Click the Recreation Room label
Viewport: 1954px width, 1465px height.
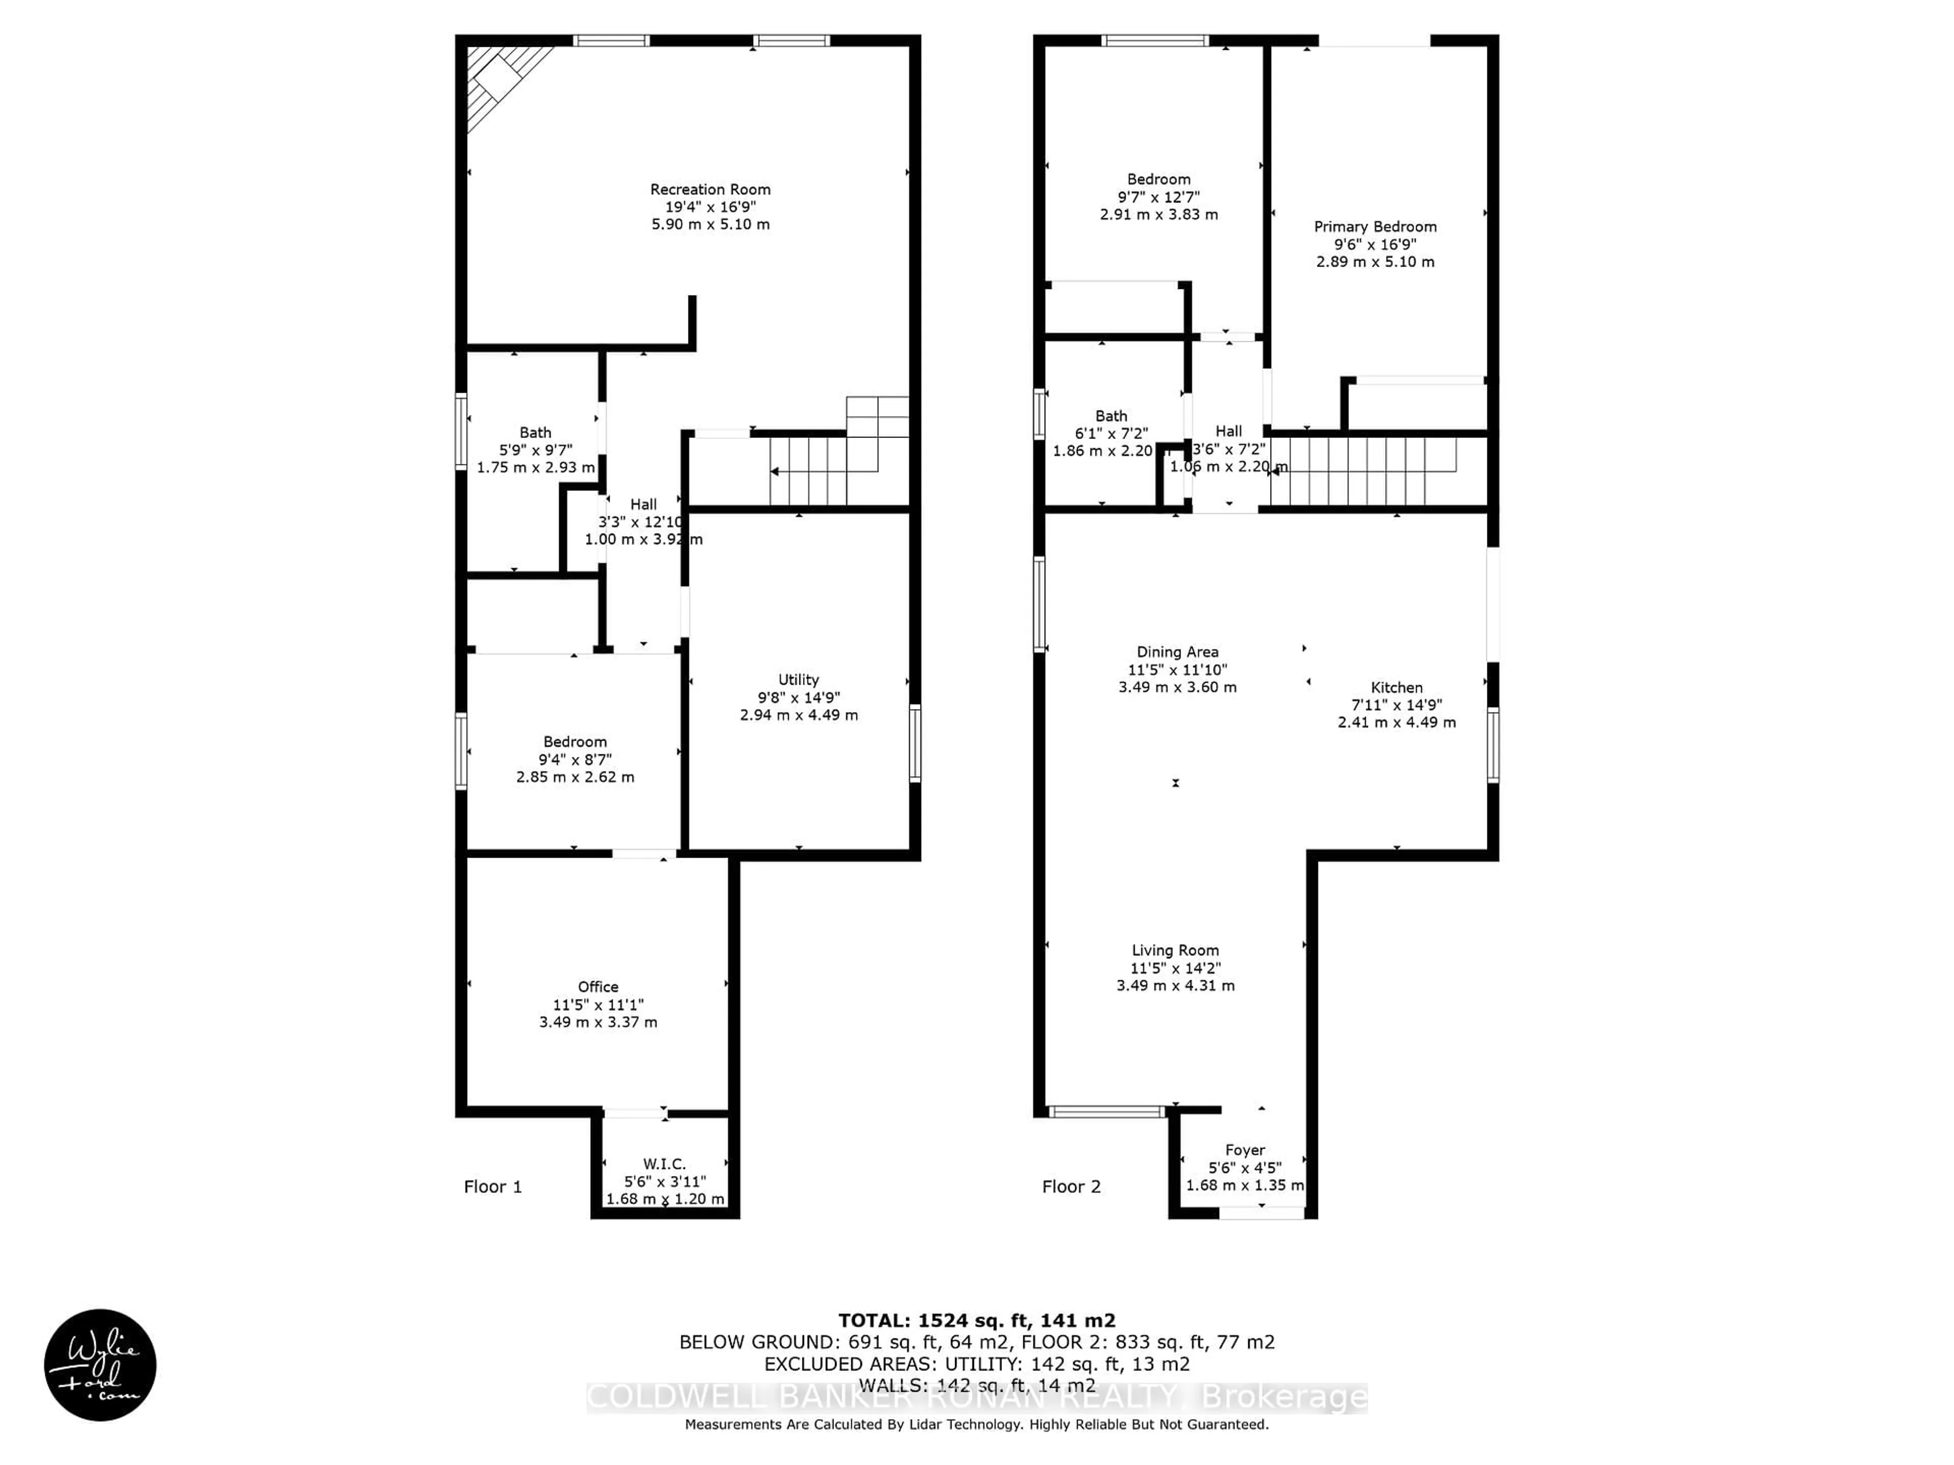(710, 189)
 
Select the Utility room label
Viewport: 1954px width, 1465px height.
(798, 679)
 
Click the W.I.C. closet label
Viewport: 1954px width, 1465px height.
(664, 1164)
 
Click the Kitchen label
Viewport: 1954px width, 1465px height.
(1397, 687)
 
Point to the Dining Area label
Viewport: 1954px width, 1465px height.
(1177, 652)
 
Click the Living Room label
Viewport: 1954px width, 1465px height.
(1175, 950)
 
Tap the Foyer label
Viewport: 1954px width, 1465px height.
(1245, 1150)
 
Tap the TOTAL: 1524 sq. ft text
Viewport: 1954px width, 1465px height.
(976, 1320)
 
